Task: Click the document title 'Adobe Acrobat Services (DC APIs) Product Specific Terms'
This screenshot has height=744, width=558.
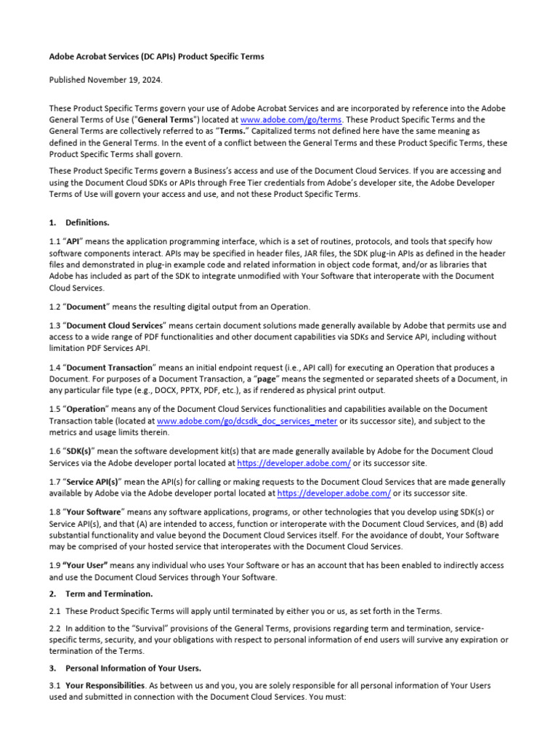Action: (156, 56)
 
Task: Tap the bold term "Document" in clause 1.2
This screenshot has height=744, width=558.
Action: (86, 307)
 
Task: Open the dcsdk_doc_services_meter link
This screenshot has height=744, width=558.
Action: (246, 421)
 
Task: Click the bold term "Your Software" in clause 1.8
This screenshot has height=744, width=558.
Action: (95, 512)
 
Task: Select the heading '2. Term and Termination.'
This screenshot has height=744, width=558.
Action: (109, 594)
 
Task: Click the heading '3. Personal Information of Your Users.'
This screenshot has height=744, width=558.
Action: (133, 668)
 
